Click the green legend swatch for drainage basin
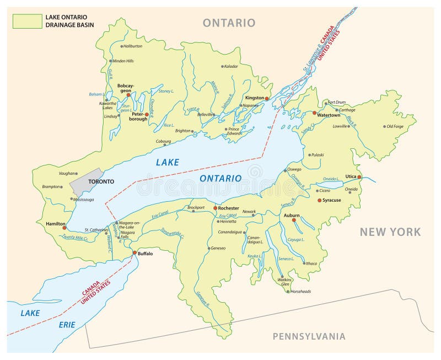28,21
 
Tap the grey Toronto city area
88,181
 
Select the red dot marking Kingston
266,99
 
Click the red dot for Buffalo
135,252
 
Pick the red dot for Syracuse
319,200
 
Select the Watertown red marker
315,112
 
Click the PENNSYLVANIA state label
309,336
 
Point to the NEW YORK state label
390,232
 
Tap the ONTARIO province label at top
229,23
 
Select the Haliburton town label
133,46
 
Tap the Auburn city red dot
294,220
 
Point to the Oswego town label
294,169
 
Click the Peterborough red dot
147,115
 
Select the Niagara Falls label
127,235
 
